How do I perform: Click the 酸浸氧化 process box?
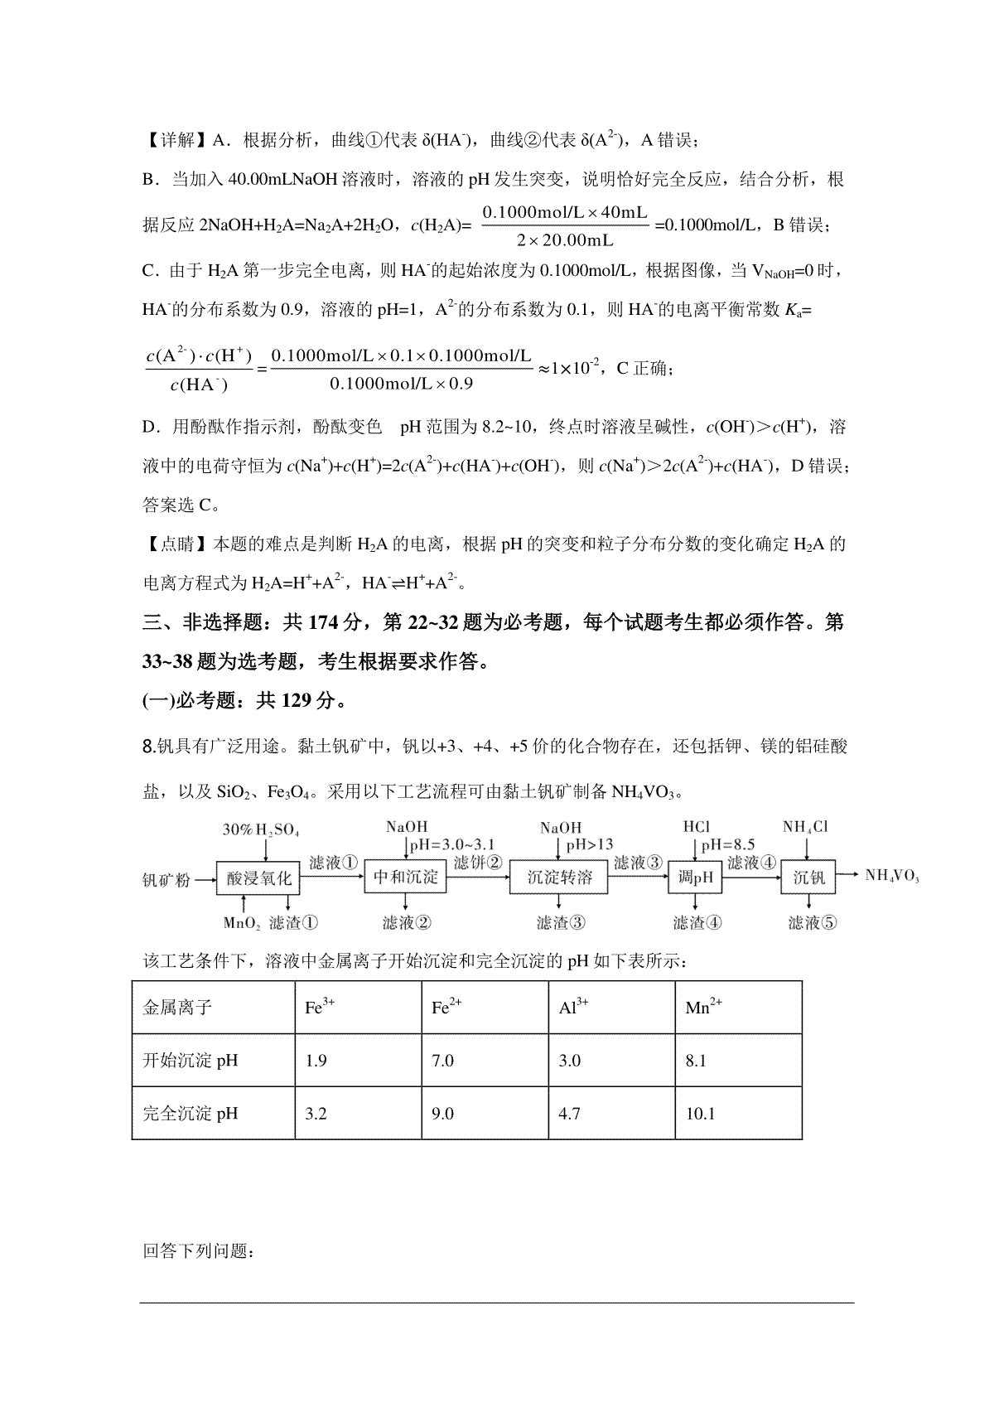[259, 878]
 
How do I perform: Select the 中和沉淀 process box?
[406, 878]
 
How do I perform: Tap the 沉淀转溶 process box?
[561, 878]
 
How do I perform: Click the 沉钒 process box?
[808, 878]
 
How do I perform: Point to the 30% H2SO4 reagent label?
[260, 829]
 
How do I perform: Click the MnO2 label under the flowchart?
[242, 922]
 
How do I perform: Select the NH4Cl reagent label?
[806, 827]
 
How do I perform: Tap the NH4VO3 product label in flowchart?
[891, 876]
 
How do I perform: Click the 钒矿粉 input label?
[166, 879]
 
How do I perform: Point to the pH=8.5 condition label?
[727, 844]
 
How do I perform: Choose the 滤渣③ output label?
[561, 922]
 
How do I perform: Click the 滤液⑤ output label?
[808, 922]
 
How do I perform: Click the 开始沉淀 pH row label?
[191, 1061]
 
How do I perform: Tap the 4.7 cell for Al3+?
[570, 1113]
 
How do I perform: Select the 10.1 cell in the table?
[701, 1113]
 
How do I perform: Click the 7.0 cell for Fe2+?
[443, 1061]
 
